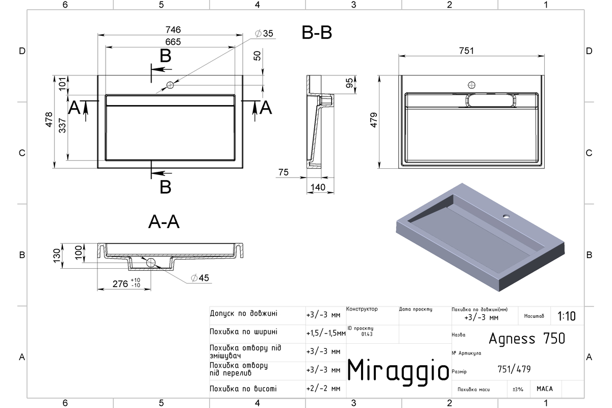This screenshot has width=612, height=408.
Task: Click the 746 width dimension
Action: [173, 30]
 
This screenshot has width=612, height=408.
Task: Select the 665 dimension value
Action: [173, 42]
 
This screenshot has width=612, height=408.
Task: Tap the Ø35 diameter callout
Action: [264, 33]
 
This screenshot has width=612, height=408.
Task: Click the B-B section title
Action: [317, 33]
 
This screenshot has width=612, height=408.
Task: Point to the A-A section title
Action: [164, 222]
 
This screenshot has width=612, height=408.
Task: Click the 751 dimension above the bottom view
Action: [466, 51]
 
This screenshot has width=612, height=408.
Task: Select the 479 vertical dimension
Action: [374, 120]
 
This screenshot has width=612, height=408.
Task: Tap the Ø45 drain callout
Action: [200, 278]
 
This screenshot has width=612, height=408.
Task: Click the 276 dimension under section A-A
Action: [120, 284]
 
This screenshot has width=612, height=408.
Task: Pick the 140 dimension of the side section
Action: [318, 187]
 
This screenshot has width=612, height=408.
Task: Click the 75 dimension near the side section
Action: [284, 172]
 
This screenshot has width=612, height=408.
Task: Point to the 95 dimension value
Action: [349, 83]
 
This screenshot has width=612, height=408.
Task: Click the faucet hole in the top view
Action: [170, 85]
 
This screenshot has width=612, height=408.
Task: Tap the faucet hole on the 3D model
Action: [506, 216]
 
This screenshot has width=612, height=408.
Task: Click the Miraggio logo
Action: [398, 371]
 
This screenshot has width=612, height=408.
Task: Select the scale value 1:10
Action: [567, 316]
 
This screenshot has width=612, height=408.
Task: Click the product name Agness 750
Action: [527, 339]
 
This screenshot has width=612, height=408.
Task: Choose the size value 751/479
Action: [514, 369]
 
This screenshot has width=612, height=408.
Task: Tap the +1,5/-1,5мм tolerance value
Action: [326, 333]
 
